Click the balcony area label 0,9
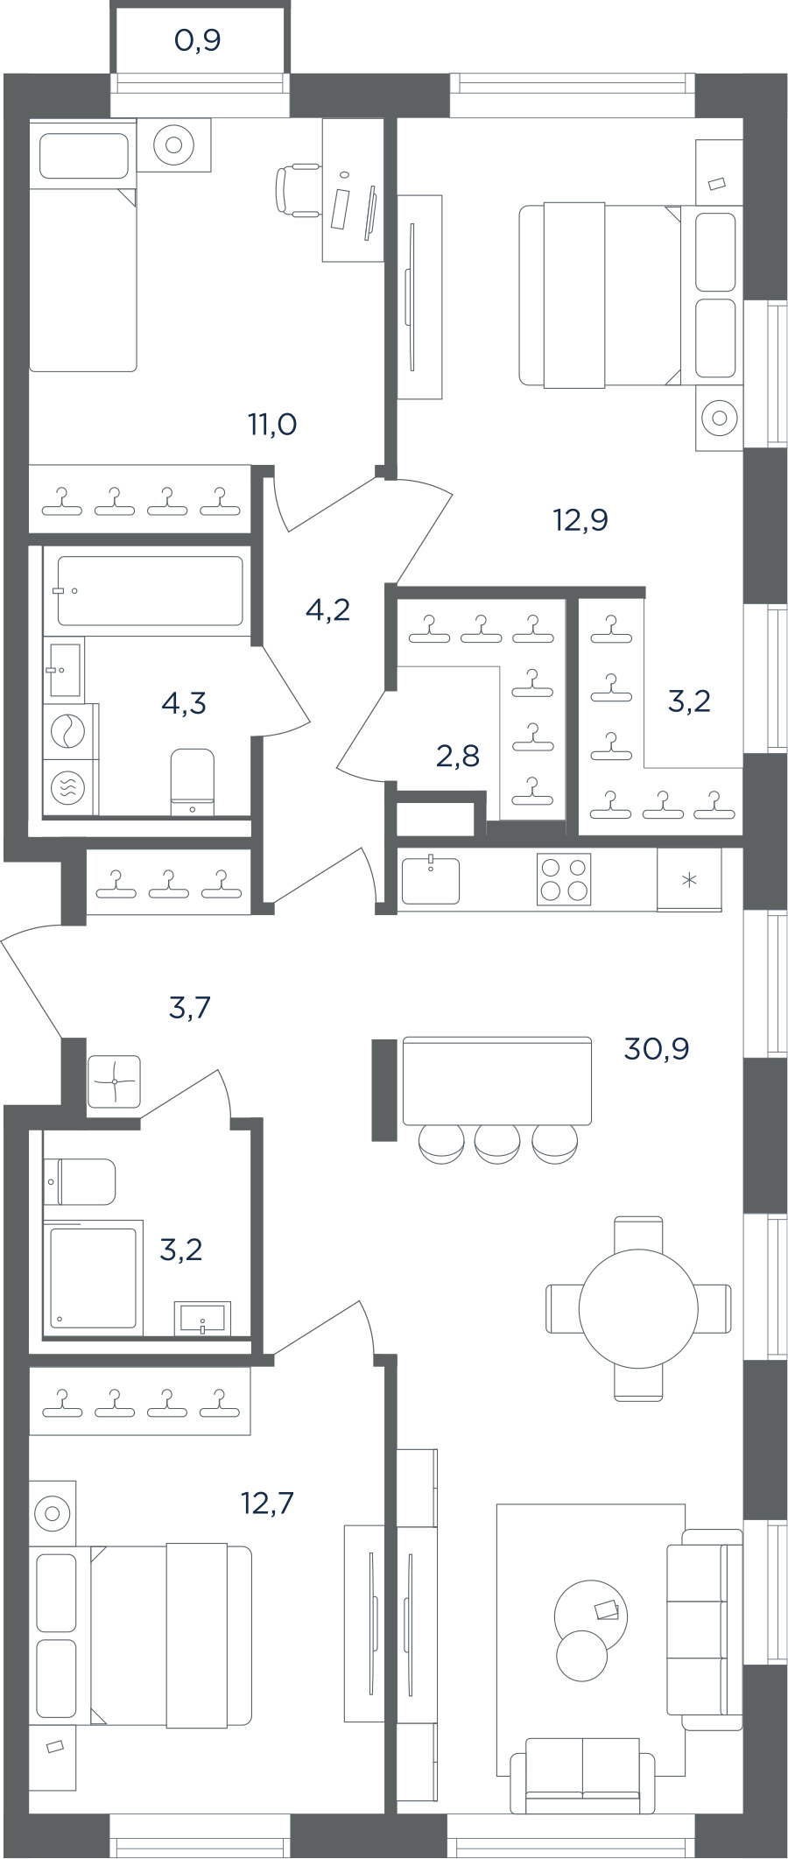(197, 40)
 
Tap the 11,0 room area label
(272, 425)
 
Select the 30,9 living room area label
(656, 1048)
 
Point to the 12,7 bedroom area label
(267, 1503)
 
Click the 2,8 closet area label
(457, 755)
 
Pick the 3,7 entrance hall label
(189, 1008)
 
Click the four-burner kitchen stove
(564, 878)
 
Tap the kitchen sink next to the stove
(430, 880)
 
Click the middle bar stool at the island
(497, 1144)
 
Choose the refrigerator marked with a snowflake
(689, 879)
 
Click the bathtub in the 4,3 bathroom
(150, 590)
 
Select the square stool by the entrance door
(115, 1081)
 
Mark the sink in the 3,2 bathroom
(203, 1318)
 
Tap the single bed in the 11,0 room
(83, 246)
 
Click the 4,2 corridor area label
(327, 609)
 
